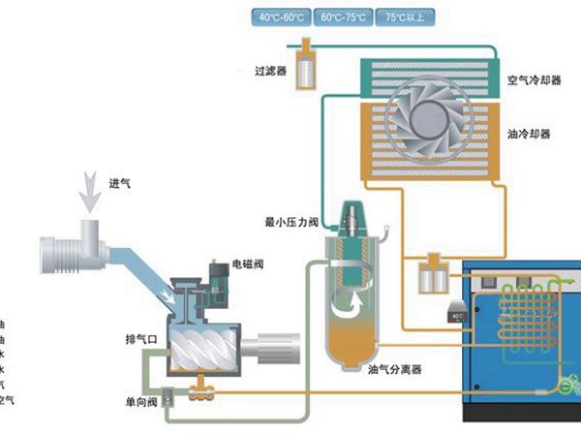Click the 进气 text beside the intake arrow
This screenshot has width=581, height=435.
tap(119, 184)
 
